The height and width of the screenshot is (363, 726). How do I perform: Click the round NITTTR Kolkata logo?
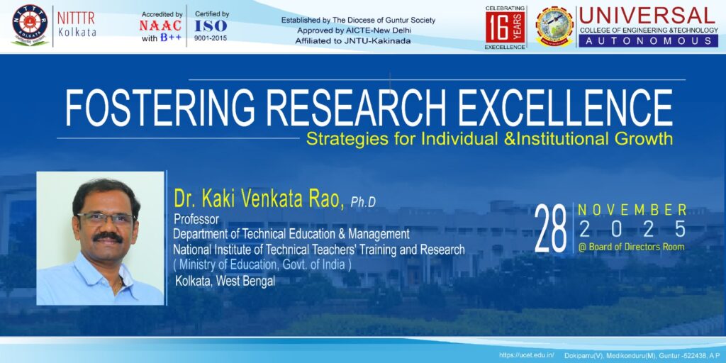click(30, 25)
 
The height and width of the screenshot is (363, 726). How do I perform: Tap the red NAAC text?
click(160, 26)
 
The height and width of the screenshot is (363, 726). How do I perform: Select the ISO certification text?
click(211, 26)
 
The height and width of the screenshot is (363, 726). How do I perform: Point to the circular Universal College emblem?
click(554, 26)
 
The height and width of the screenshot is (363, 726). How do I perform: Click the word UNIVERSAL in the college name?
click(647, 16)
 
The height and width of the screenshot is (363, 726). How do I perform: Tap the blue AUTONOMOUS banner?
click(648, 40)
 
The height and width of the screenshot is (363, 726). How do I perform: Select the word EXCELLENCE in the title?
click(565, 108)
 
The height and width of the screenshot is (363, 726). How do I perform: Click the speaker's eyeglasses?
click(104, 218)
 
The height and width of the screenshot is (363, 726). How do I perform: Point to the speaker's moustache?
click(108, 237)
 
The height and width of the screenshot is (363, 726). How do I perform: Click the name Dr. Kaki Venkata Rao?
click(259, 199)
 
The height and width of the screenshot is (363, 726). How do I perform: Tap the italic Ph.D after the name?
click(363, 202)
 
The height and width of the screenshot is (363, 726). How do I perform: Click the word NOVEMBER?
click(632, 210)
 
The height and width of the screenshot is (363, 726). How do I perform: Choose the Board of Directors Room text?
click(632, 247)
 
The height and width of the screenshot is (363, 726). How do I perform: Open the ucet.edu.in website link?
click(527, 355)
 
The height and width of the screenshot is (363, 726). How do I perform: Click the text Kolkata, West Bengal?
click(225, 281)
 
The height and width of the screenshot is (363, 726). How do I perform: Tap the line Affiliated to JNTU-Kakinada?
click(353, 40)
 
